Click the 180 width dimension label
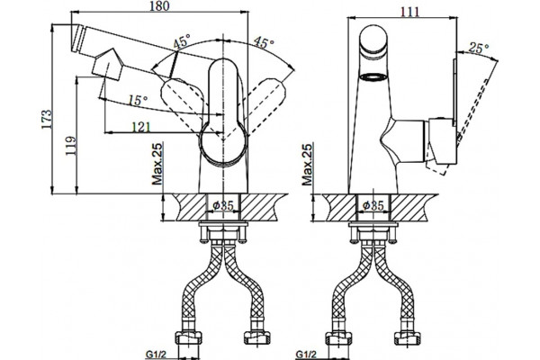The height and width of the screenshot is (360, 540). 159,6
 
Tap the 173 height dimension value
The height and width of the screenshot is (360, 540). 47,119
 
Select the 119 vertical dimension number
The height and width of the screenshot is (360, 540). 71,146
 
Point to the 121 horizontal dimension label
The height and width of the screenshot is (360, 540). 141,127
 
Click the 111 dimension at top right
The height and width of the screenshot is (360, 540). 410,12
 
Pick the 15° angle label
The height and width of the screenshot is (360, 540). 138,100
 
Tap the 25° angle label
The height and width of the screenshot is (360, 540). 479,49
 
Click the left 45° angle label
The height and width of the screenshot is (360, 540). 181,41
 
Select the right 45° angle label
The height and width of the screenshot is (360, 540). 264,42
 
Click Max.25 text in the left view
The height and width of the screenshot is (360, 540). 157,164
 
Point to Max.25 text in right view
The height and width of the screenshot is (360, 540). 307,164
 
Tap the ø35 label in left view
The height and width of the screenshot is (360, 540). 223,206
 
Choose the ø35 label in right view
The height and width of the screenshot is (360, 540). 373,206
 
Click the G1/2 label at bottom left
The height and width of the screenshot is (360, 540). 156,354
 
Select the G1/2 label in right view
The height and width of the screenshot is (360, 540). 306,354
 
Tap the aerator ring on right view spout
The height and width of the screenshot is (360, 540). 373,76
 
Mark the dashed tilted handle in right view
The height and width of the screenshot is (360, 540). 473,110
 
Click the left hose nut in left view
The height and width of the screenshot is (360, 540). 188,337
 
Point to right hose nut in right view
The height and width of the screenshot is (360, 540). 407,337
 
